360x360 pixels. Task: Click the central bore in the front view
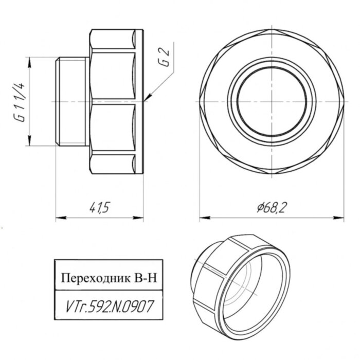coord(272,101)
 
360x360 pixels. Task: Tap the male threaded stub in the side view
coord(71,101)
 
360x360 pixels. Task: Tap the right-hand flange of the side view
coord(140,101)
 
